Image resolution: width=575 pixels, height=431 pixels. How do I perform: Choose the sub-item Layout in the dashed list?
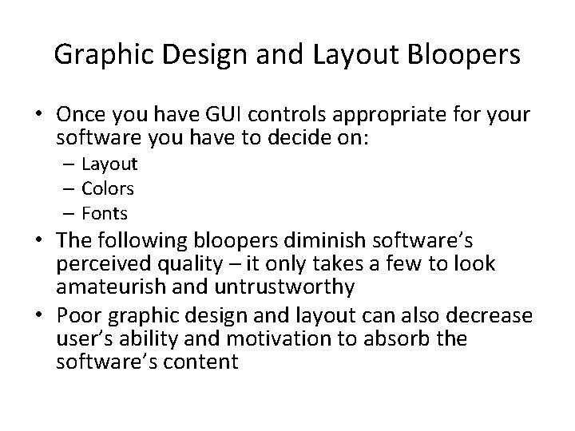(x=111, y=164)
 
